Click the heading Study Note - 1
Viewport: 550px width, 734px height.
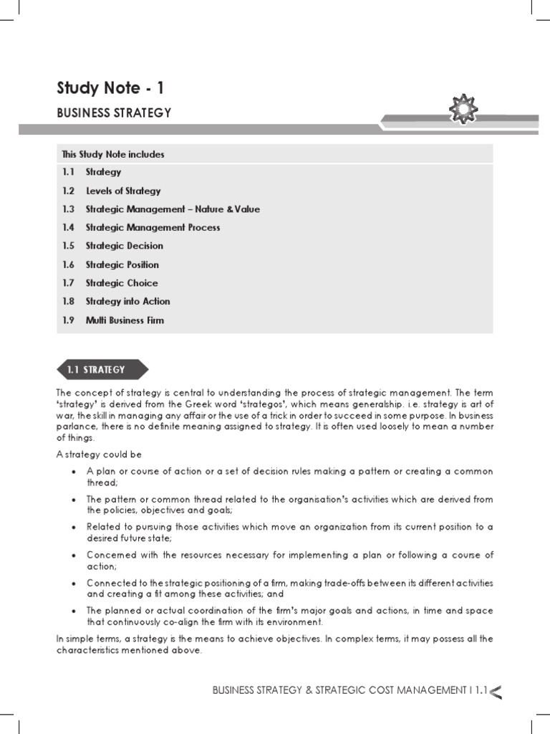pos(110,88)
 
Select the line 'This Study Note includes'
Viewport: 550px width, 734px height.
pos(113,154)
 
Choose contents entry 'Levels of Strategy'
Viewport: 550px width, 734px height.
pos(123,191)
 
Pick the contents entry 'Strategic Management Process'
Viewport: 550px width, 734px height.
pos(153,227)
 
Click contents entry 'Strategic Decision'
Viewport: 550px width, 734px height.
pos(124,246)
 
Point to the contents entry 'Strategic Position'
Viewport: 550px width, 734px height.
pos(122,264)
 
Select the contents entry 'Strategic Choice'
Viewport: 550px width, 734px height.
pos(122,283)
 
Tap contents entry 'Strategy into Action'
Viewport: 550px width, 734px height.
pos(127,302)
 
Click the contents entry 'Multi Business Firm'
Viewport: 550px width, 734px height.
pos(125,320)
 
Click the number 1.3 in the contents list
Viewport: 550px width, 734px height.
pos(68,209)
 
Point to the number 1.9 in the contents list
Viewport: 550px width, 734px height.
pos(68,320)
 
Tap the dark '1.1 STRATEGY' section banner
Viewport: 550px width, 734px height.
pos(101,370)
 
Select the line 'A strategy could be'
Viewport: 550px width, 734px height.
pos(99,454)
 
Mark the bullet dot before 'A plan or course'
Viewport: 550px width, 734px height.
pos(74,472)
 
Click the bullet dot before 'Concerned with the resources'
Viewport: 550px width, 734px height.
pos(74,556)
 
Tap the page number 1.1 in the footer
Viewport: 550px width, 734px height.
pos(480,690)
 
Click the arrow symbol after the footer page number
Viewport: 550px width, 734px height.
pos(496,691)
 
